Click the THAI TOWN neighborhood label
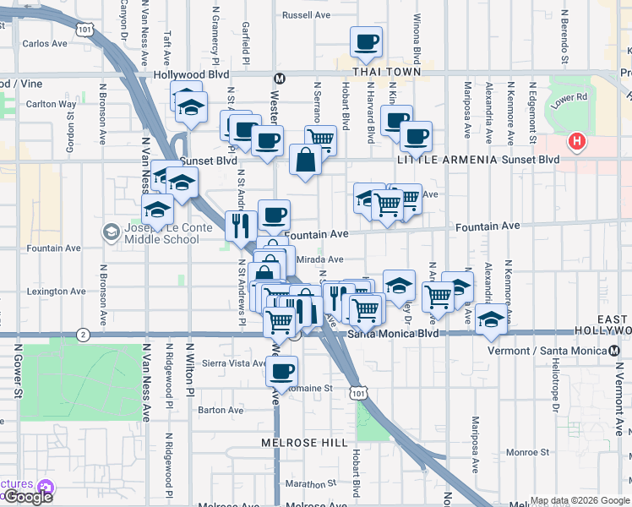[x=375, y=73]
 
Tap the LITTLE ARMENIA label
[x=443, y=159]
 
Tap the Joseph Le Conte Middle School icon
[x=112, y=232]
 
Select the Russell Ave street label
[x=306, y=15]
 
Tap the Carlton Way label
[x=51, y=105]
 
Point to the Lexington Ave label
[x=56, y=292]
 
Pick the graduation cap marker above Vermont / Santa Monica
[x=490, y=319]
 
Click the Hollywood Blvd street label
[x=179, y=74]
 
